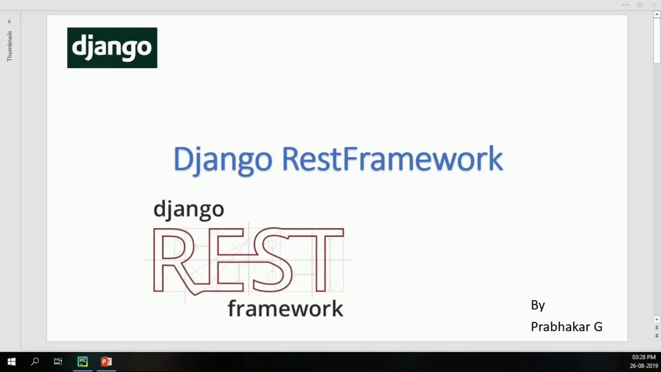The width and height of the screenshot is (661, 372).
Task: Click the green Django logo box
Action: [x=112, y=48]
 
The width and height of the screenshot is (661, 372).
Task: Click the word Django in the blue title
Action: [x=222, y=159]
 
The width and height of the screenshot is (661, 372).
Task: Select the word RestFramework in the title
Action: [x=392, y=159]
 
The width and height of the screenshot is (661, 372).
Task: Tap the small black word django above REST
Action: [x=188, y=209]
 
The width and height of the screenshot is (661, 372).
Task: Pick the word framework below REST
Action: [x=285, y=308]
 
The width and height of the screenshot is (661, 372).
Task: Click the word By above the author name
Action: [x=538, y=305]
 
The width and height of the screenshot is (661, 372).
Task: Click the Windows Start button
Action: [x=11, y=362]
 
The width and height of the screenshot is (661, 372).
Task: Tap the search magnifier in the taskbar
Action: [x=35, y=362]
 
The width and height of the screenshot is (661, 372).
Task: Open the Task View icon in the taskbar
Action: [x=58, y=362]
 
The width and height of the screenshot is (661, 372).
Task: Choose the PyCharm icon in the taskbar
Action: [x=83, y=362]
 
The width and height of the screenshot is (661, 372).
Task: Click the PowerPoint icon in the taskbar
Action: [x=106, y=362]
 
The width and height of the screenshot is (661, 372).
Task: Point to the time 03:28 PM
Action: [x=643, y=358]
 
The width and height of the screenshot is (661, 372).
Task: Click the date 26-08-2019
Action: [x=643, y=366]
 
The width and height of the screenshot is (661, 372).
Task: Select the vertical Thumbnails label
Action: [x=9, y=46]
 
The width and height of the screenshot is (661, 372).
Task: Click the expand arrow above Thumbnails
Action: [x=9, y=22]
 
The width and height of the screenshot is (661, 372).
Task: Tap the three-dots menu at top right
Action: [x=625, y=5]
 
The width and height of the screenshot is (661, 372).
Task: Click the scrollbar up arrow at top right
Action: [x=657, y=14]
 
